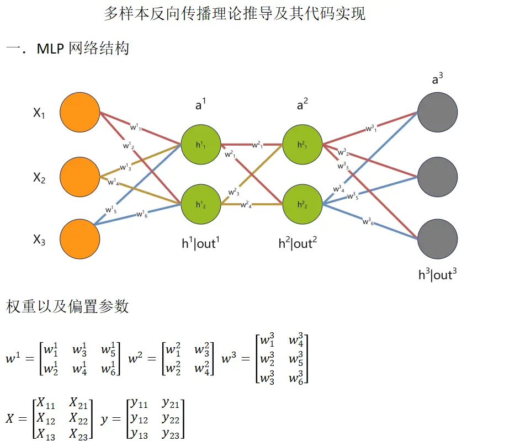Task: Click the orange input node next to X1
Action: [x=80, y=113]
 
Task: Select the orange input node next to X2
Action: [x=80, y=177]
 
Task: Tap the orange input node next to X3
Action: [x=80, y=239]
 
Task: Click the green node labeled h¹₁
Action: [x=200, y=145]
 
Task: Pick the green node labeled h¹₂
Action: [x=200, y=204]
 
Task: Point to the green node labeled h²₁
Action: [x=302, y=145]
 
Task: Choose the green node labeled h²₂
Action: [x=302, y=204]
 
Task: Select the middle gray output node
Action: [x=438, y=177]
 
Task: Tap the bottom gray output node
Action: [x=438, y=239]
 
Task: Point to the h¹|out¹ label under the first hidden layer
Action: [x=200, y=243]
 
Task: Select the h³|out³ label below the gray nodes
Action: [x=437, y=275]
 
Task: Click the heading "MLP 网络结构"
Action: [x=83, y=49]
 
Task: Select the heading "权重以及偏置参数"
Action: [x=67, y=307]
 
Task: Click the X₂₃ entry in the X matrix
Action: [x=79, y=433]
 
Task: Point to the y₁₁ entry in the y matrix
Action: [x=139, y=405]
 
